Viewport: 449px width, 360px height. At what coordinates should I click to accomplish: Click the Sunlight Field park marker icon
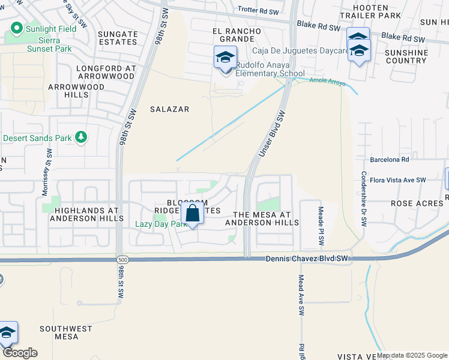16,28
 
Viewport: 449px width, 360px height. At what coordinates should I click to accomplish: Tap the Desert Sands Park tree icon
80,137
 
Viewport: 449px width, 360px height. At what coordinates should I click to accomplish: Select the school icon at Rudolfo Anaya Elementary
225,59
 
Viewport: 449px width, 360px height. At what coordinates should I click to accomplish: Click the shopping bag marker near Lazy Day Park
193,214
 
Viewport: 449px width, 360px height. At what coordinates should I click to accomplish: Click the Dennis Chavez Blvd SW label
307,259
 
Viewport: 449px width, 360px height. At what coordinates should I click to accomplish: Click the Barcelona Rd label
389,160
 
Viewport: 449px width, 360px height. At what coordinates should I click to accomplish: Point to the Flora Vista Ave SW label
397,179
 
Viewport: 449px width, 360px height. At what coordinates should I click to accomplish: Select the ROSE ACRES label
417,203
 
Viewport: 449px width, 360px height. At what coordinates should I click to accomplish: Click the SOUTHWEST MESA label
66,332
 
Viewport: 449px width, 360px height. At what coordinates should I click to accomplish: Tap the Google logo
20,353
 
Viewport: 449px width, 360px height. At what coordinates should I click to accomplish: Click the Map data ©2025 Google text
412,355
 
